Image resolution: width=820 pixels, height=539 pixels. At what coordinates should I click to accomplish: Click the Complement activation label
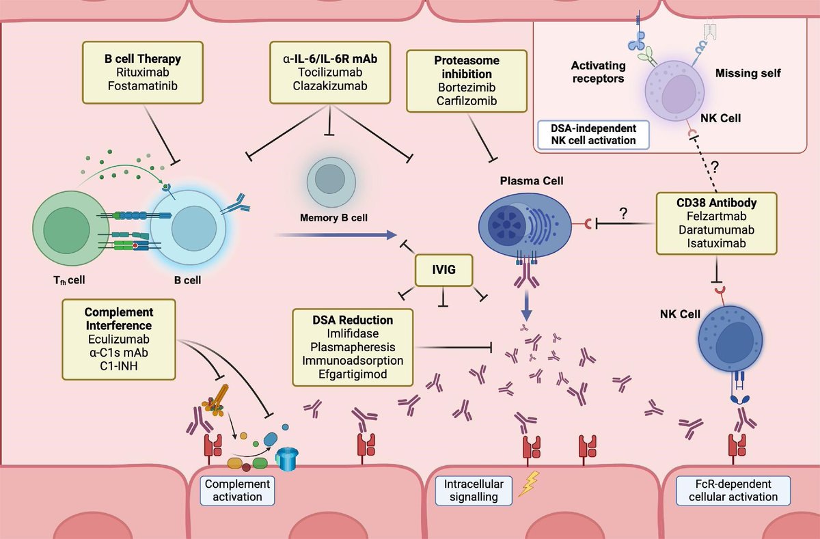coord(234,490)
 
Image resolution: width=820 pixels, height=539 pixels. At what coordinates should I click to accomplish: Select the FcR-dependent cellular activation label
coord(733,490)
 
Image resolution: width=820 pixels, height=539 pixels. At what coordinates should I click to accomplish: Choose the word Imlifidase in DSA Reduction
coord(353,334)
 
